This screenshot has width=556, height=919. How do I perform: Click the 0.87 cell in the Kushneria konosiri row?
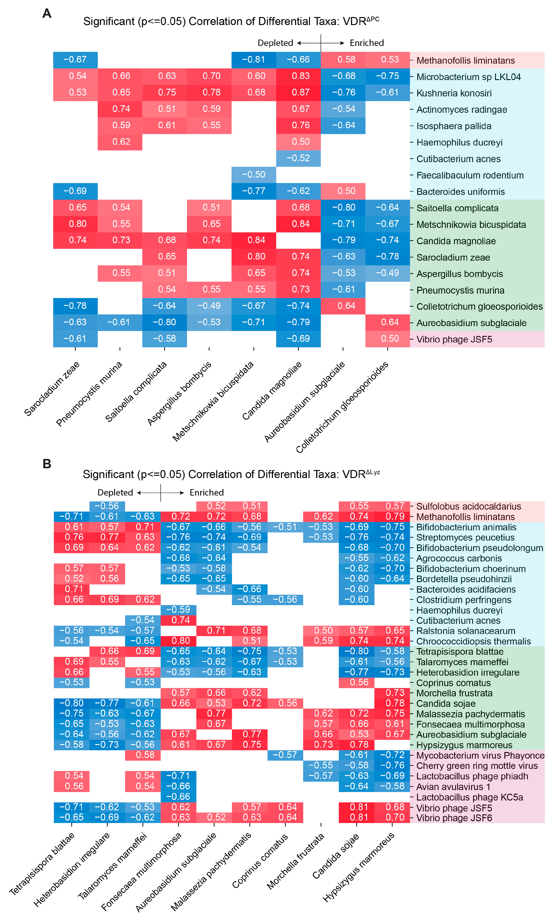click(298, 93)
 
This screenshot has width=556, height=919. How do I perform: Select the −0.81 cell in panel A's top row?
click(254, 60)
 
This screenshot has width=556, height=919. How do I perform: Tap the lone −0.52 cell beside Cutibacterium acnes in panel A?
click(298, 158)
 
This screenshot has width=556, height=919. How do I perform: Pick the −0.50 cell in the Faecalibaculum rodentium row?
click(254, 175)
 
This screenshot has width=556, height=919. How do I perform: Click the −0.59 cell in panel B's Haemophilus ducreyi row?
click(178, 609)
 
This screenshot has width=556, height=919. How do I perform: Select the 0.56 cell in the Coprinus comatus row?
click(356, 682)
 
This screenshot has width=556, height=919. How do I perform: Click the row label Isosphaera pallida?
click(454, 126)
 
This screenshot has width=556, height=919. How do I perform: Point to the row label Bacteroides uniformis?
click(460, 192)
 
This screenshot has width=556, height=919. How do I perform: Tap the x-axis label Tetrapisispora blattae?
click(42, 864)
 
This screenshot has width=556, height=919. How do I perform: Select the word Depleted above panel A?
click(275, 43)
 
